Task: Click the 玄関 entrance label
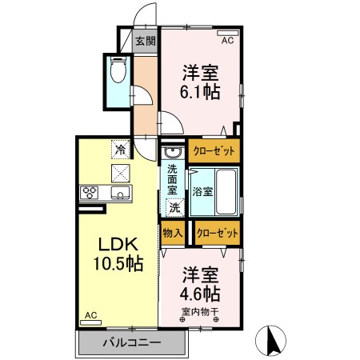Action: point(145,41)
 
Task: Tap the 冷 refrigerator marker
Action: point(121,149)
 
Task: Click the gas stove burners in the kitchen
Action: point(90,192)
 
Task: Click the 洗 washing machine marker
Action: point(174,206)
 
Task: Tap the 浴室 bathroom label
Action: point(202,191)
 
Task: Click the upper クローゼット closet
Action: point(214,150)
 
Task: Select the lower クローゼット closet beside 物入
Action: point(218,233)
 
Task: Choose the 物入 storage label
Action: point(173,233)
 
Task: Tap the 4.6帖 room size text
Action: point(200,293)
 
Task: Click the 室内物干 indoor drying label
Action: point(201,311)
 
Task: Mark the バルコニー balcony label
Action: point(132,342)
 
